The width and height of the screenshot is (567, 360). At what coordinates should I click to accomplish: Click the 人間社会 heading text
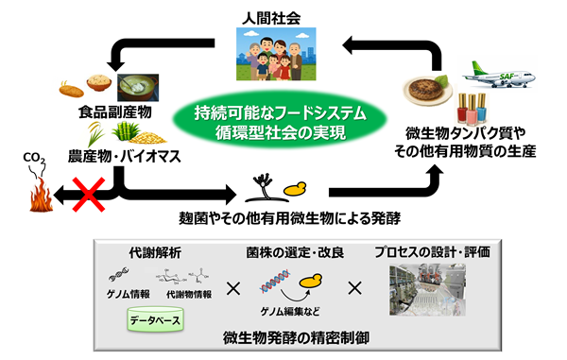[271, 19]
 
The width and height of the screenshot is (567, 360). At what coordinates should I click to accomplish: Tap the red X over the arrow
[89, 194]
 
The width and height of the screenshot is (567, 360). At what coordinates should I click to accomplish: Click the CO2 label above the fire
[34, 158]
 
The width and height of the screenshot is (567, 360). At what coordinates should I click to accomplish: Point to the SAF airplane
[499, 75]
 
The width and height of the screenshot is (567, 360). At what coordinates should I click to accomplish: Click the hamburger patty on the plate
[426, 89]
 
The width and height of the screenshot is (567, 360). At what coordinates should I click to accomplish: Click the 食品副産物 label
[115, 112]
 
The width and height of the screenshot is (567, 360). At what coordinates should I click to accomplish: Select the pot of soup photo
[138, 88]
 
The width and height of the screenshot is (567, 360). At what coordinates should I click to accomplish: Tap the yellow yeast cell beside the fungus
[295, 189]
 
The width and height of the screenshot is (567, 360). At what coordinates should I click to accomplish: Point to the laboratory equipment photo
[427, 290]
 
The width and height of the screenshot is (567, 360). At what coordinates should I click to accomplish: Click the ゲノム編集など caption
[290, 311]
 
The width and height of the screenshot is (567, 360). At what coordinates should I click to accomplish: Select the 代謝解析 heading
[155, 253]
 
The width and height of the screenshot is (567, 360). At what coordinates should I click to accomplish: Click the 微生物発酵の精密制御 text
[296, 338]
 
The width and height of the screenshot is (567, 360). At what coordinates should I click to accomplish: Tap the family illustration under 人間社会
[276, 54]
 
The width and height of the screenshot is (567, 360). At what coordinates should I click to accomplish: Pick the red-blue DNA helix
[275, 282]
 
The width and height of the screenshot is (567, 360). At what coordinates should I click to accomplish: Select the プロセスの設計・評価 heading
[433, 252]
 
